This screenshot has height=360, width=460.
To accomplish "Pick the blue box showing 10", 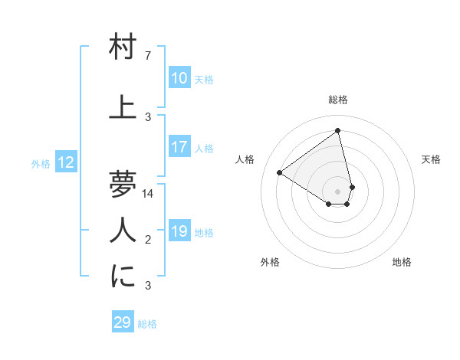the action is (x=179, y=78).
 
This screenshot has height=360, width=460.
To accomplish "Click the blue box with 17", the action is (x=179, y=148).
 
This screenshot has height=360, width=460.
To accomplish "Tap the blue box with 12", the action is (x=66, y=162).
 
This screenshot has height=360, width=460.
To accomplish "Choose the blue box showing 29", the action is (x=123, y=322).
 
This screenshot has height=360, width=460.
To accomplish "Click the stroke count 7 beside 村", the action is (x=147, y=56).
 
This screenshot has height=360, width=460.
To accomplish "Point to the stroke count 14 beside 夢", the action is (x=148, y=194).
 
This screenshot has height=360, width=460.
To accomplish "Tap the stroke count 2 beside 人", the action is (x=147, y=240).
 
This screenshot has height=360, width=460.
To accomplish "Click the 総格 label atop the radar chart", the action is (x=338, y=100).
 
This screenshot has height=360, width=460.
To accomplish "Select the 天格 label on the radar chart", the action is (x=431, y=159).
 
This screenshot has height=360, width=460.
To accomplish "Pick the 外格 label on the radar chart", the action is (x=270, y=262).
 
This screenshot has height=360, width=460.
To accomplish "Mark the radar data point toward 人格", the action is (x=280, y=172).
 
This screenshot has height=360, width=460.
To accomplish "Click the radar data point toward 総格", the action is (x=337, y=130).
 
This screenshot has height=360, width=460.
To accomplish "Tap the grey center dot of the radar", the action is (x=338, y=190).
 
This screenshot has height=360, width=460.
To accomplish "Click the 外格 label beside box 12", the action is (x=41, y=163).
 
